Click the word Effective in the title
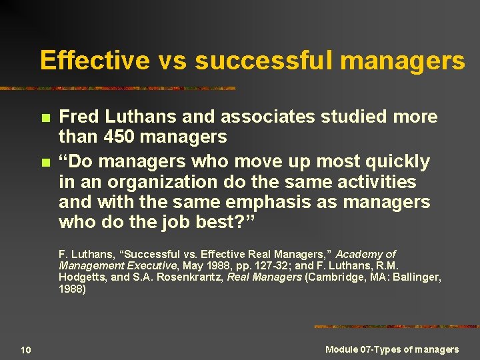(95, 61)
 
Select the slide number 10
(25, 350)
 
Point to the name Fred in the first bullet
(78, 117)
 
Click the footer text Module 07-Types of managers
(392, 349)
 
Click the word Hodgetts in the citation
(81, 277)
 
